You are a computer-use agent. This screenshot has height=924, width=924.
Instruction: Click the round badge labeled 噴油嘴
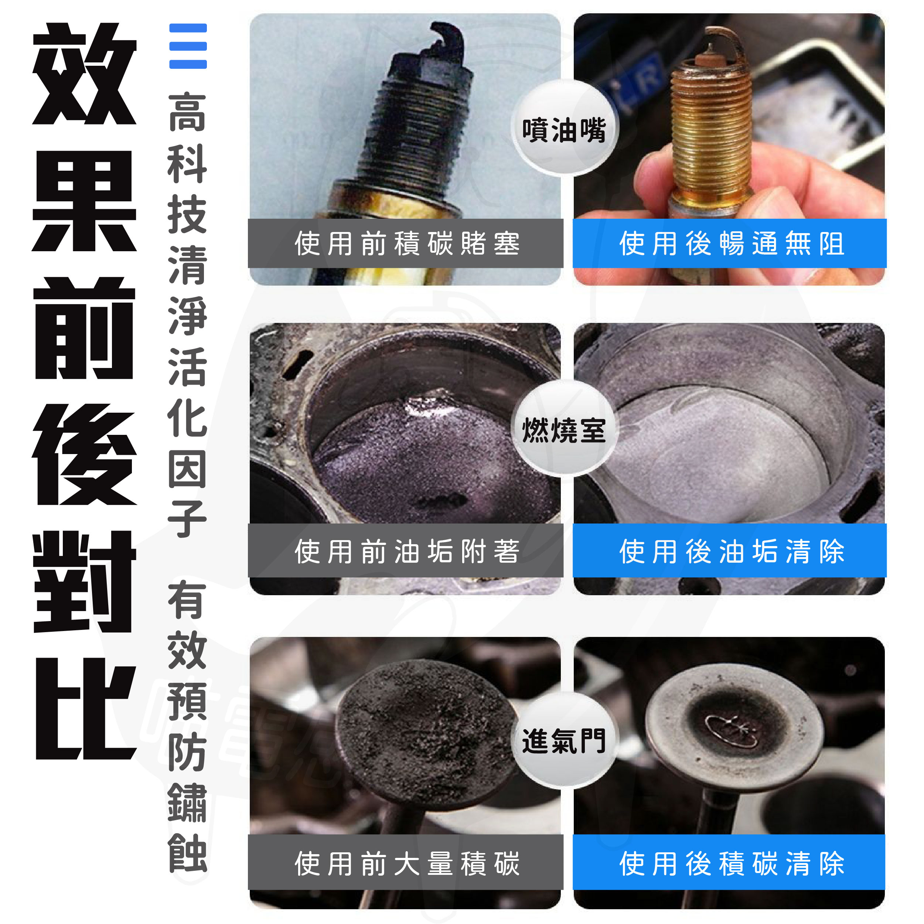coord(565,128)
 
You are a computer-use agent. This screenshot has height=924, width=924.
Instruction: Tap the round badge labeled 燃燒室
coord(565,429)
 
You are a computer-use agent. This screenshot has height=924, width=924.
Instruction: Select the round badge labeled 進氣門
coord(565,741)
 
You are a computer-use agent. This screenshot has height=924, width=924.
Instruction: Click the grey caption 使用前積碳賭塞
coord(406,243)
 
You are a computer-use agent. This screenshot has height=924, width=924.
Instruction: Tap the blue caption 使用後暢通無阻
coord(730,243)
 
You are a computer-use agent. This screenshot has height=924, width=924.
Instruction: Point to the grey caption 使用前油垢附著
coord(406,550)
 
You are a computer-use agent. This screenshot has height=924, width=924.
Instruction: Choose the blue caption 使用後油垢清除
coord(730,550)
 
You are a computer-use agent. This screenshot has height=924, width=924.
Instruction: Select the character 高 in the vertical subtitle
coord(187,113)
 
